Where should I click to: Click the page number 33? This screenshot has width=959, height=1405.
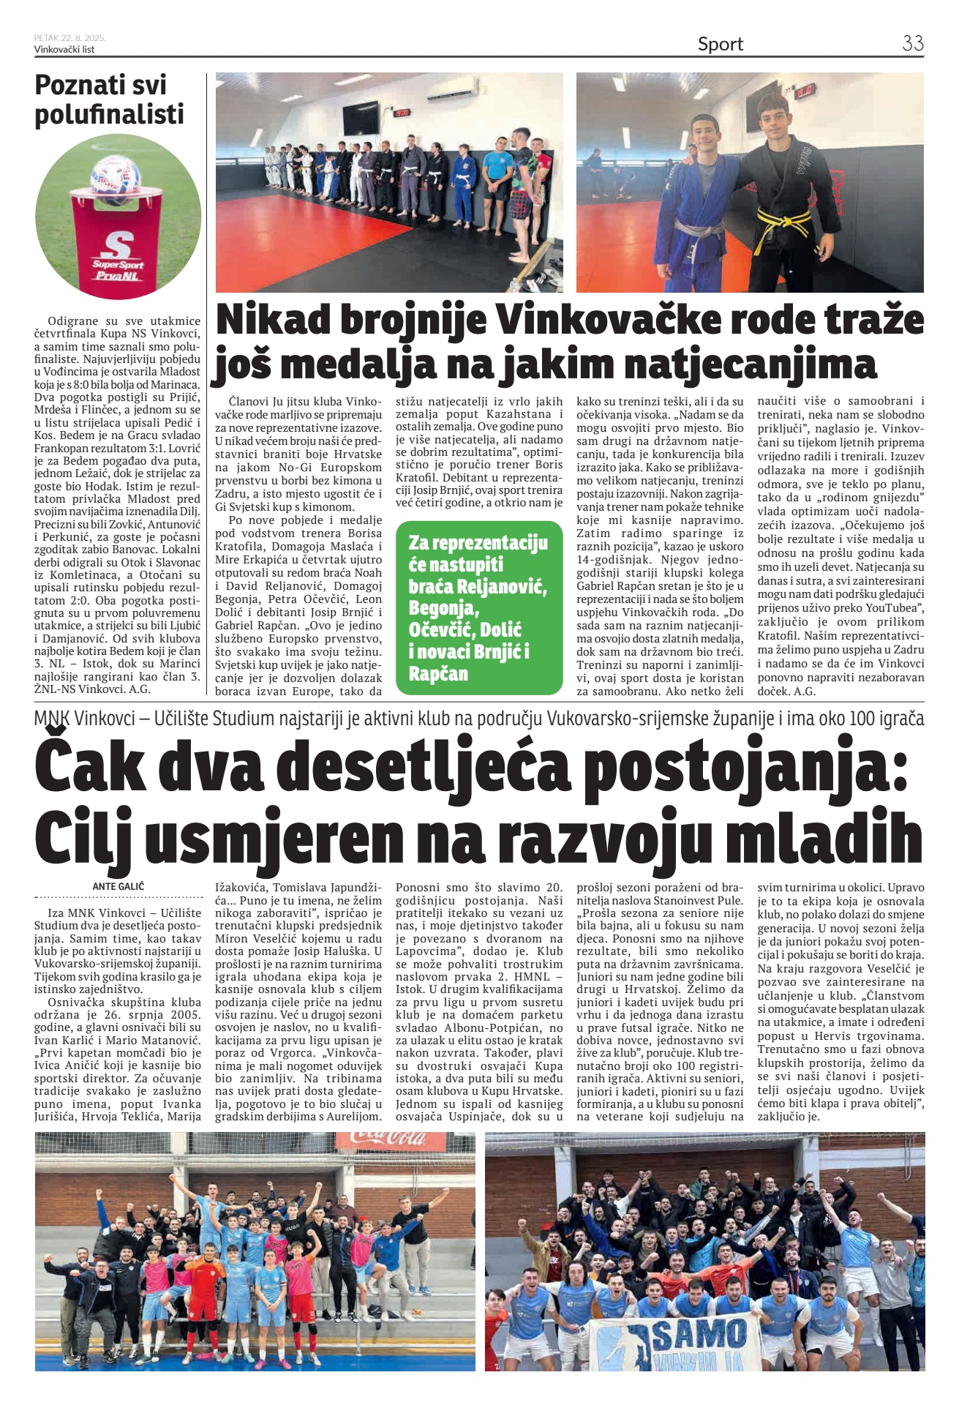click(912, 43)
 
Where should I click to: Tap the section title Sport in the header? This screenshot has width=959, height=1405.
click(720, 44)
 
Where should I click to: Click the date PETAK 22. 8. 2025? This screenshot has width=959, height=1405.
click(69, 38)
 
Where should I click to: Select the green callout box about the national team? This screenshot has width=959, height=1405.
click(479, 607)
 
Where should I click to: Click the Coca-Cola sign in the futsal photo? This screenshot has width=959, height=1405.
click(387, 1138)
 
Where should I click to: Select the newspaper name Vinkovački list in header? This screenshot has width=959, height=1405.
click(64, 50)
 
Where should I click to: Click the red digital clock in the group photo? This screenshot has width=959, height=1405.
click(402, 113)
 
